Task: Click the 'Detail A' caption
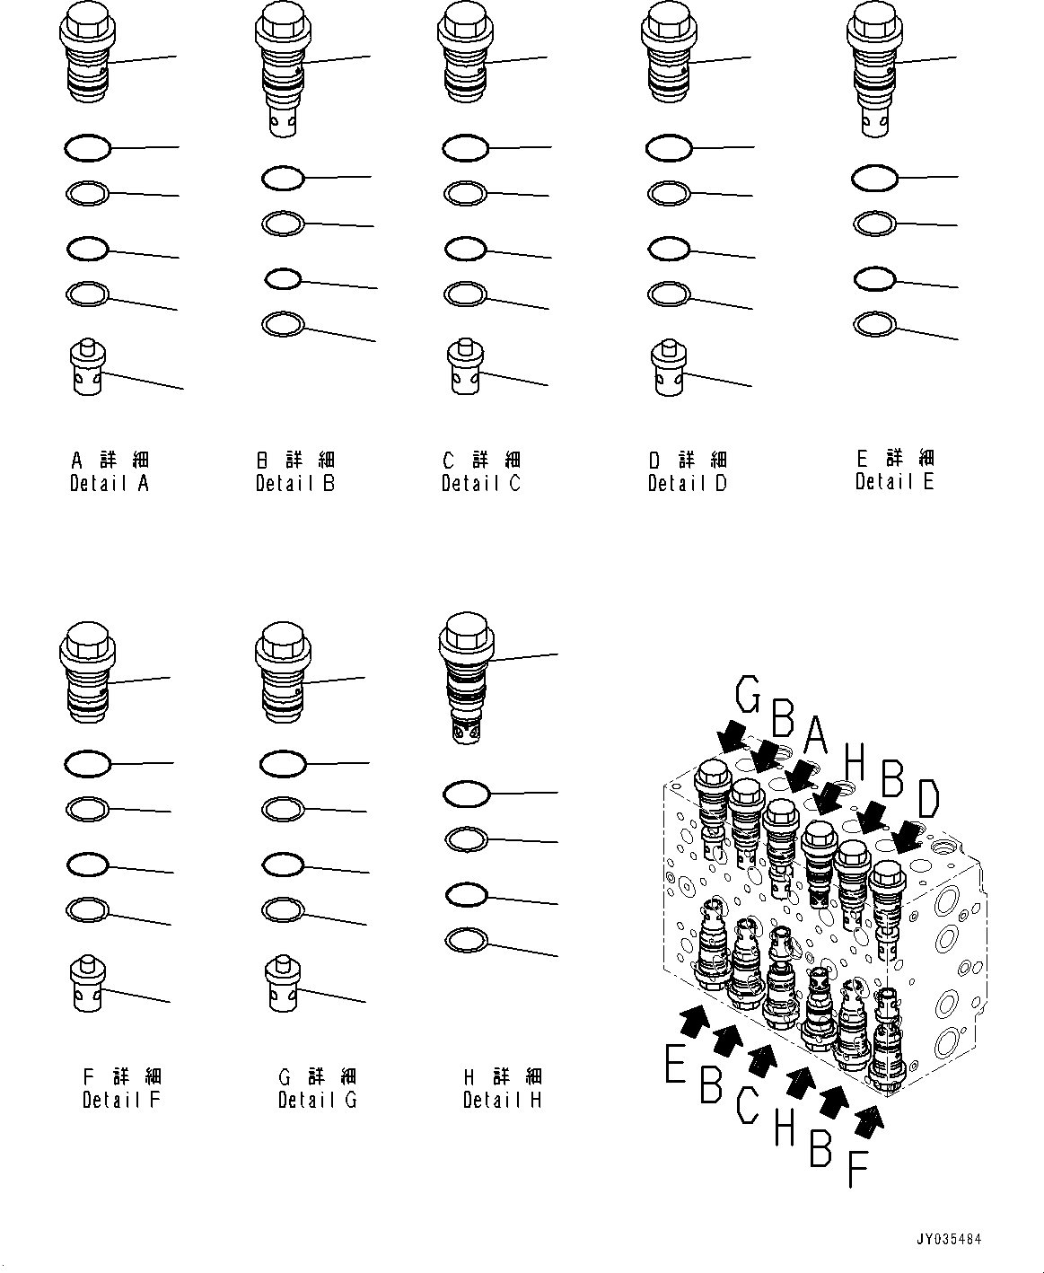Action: (x=110, y=484)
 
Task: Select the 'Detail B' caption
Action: (x=295, y=484)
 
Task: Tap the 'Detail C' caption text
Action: (x=481, y=484)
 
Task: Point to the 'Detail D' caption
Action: (x=688, y=484)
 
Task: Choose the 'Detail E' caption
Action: (x=895, y=481)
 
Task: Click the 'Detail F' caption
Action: (x=121, y=1100)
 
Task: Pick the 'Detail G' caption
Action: (x=317, y=1100)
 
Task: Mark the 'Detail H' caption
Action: (x=503, y=1100)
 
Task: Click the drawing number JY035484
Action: (x=948, y=1240)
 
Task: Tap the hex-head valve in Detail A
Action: (x=88, y=54)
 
